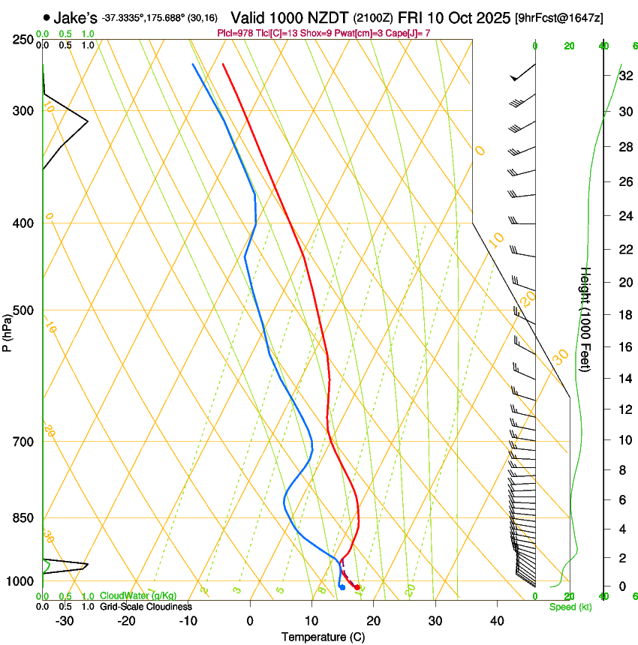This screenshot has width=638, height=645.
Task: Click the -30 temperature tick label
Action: point(65,620)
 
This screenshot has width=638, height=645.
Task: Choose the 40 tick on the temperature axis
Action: point(496,620)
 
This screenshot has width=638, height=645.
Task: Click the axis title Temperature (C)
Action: point(323,637)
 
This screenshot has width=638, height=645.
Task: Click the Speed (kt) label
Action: point(570,607)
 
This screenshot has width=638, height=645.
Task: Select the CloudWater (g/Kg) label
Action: point(138,596)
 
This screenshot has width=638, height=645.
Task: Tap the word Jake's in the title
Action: point(75,17)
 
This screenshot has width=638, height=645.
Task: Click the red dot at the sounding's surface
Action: point(357,587)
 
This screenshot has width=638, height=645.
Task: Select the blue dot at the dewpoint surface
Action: point(342,587)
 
